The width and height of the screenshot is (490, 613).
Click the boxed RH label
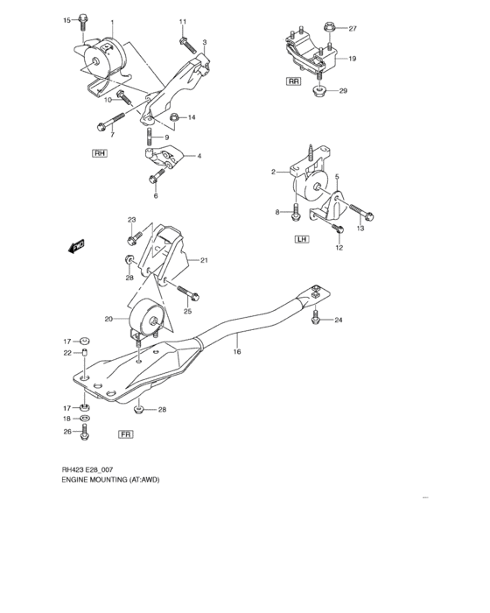[99, 153]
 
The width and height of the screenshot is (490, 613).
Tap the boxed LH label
[300, 239]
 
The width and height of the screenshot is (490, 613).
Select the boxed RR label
[294, 81]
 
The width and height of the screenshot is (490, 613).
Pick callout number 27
[353, 29]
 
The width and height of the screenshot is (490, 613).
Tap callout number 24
[338, 320]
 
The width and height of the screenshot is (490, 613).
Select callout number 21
[203, 260]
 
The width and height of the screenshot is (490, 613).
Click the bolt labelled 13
[363, 214]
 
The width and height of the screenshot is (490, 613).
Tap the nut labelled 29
[320, 92]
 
